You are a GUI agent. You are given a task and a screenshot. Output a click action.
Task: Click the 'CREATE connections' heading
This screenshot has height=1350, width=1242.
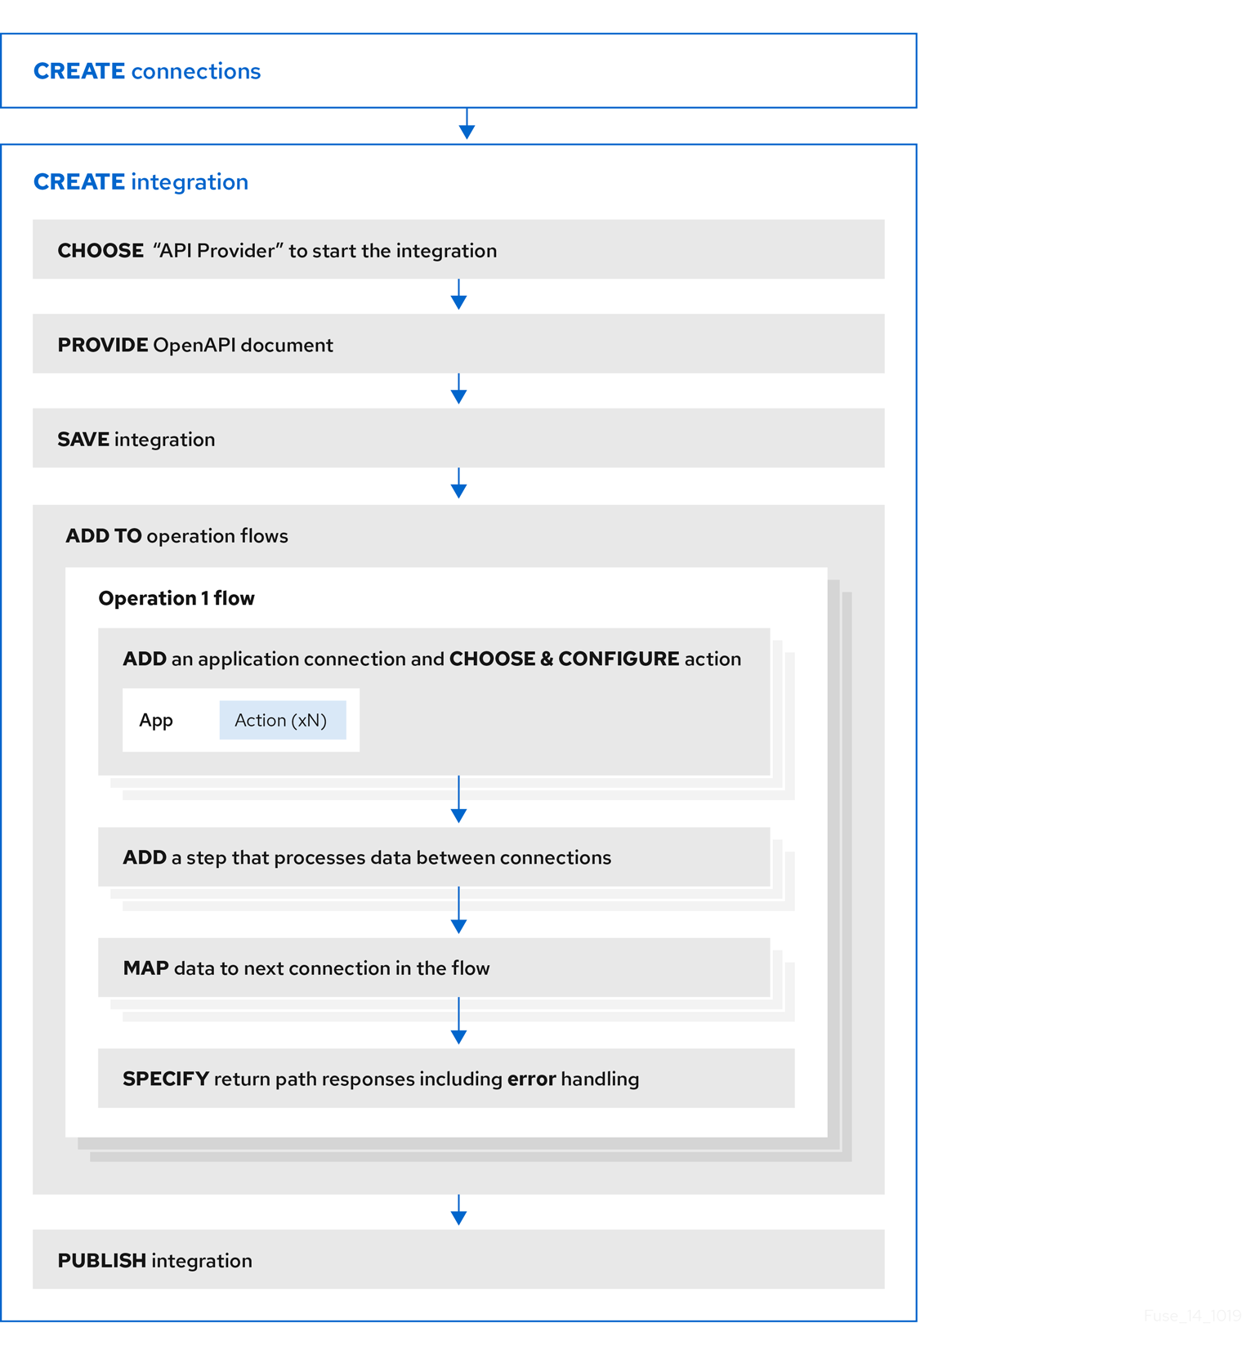click(x=147, y=71)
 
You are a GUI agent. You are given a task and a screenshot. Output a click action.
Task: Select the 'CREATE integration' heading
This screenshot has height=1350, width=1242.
click(x=141, y=181)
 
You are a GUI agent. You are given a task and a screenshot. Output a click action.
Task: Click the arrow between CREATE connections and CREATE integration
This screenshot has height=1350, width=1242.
click(x=467, y=125)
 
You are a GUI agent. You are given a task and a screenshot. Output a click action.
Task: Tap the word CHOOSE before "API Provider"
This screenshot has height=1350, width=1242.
click(x=101, y=251)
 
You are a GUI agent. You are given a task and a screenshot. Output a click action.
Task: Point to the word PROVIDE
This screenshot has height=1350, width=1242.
click(x=103, y=345)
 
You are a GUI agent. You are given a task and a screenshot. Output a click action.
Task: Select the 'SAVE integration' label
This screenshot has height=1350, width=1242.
click(x=136, y=440)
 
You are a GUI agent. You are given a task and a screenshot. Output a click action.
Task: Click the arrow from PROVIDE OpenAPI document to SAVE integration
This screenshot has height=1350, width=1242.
click(x=458, y=390)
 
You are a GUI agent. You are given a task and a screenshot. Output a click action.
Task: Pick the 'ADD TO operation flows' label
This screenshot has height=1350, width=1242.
click(x=176, y=536)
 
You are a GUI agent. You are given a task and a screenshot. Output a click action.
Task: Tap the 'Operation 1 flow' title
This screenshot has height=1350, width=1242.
click(x=176, y=598)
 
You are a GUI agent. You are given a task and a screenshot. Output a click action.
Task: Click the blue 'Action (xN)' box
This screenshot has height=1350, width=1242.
click(x=282, y=720)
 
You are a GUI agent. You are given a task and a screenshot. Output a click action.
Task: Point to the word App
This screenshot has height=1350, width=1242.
click(x=156, y=720)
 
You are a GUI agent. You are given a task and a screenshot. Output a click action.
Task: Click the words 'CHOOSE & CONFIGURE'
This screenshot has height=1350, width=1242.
click(x=564, y=659)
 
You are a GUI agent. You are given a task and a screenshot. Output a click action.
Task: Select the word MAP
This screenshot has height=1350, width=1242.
click(x=145, y=968)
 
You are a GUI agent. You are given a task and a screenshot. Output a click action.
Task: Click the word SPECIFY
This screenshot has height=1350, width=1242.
click(x=166, y=1079)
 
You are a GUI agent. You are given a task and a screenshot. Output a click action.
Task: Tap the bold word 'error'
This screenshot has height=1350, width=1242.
click(x=531, y=1079)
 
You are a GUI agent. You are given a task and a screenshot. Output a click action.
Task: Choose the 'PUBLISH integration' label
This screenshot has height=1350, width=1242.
click(x=154, y=1260)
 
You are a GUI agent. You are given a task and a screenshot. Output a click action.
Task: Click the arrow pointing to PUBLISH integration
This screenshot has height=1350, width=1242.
click(x=458, y=1210)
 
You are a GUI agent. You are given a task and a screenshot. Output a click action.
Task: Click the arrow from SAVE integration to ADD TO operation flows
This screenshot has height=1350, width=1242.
click(x=458, y=485)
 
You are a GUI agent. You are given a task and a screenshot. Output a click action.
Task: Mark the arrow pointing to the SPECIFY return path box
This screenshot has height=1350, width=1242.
click(x=458, y=1021)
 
